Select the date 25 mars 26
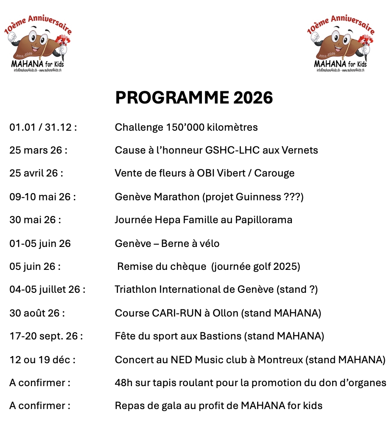(38, 150)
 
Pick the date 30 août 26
(37, 313)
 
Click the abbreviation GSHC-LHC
(231, 150)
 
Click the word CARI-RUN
(182, 313)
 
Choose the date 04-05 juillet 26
(47, 290)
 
